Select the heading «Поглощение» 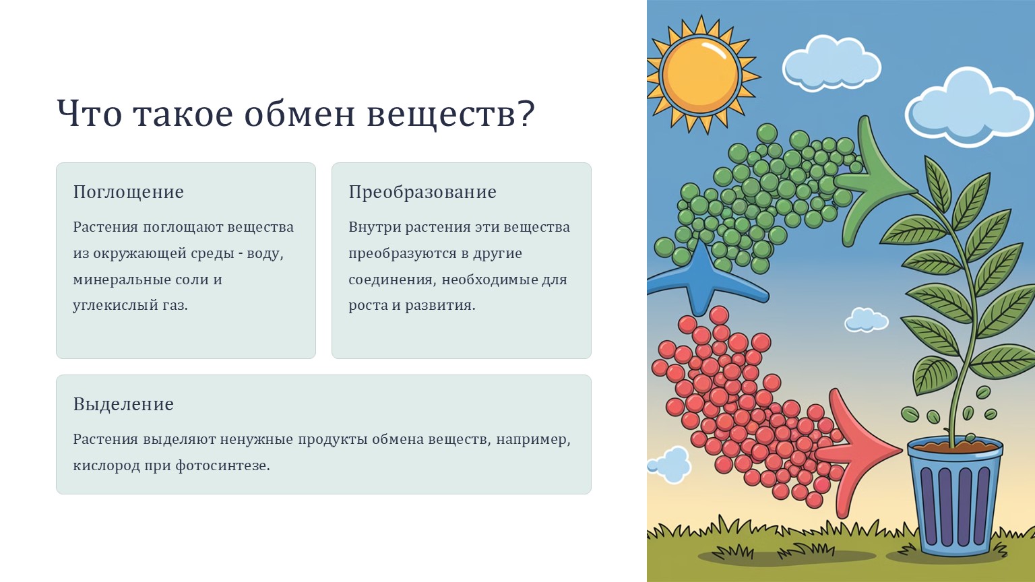click(x=129, y=192)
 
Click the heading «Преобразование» click(x=422, y=192)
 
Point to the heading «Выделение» click(x=123, y=404)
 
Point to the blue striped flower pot click(x=955, y=496)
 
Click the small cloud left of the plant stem click(x=867, y=320)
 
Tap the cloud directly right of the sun click(x=832, y=64)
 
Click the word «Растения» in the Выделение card click(x=105, y=439)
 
